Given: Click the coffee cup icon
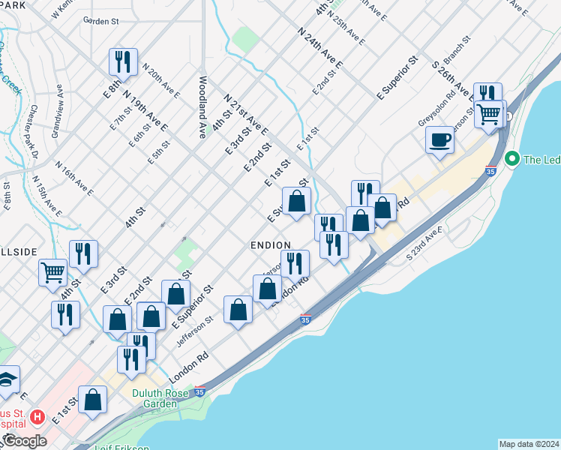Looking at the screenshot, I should (439, 139).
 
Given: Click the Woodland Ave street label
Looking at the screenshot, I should (202, 106).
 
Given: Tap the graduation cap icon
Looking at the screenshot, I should (6, 379).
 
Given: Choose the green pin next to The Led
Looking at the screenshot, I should (513, 159).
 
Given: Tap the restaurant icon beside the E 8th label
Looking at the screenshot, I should (122, 61).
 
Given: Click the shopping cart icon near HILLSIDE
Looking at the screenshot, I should (52, 271).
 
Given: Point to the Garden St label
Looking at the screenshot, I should (101, 22).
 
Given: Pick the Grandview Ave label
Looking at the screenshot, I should (58, 116).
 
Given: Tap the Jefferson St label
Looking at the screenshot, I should (195, 329).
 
